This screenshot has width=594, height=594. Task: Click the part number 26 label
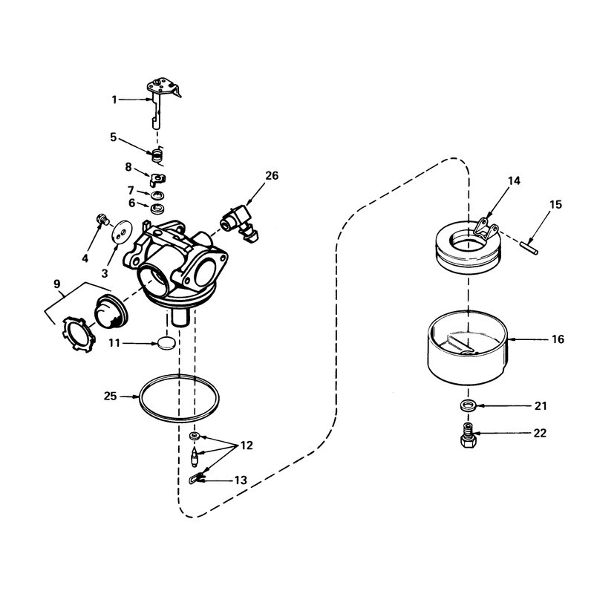point(271,176)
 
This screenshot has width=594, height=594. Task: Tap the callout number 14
point(514,180)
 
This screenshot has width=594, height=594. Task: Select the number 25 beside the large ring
point(110,396)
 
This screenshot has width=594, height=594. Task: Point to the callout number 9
point(57,284)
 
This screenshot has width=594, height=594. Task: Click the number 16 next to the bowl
point(558,339)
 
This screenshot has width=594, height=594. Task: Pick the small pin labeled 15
point(529,247)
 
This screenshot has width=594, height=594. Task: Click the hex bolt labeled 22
point(469,436)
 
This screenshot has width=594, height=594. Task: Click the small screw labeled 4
point(102,219)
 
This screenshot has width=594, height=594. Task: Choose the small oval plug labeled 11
point(166,343)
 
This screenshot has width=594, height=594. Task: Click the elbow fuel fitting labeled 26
point(240,223)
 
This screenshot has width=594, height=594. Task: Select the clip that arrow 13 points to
point(194,478)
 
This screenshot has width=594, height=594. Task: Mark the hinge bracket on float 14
point(486,229)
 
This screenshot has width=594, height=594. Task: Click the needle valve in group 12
point(195,457)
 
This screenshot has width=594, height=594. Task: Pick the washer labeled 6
point(155,208)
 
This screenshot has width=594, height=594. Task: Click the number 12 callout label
point(247,446)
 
